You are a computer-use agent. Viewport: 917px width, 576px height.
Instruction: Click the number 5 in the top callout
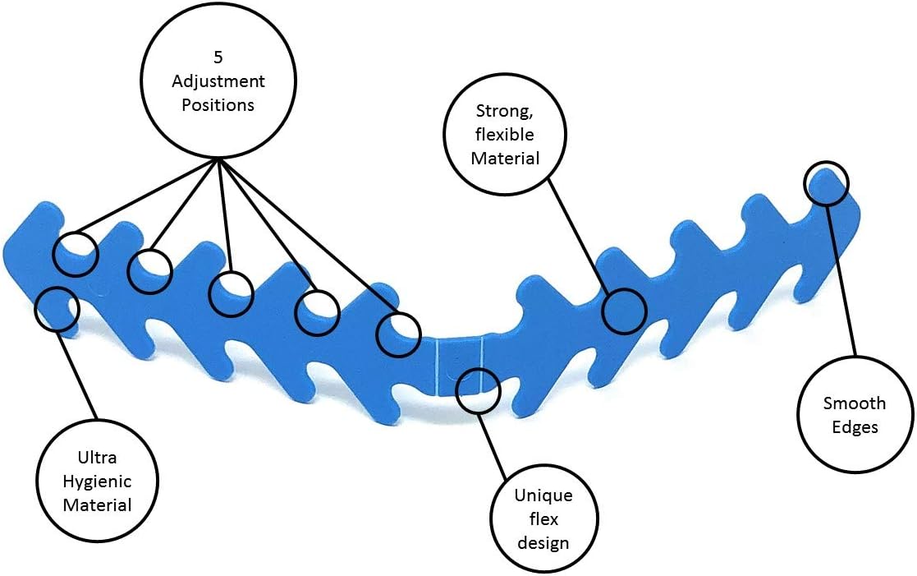tap(218, 58)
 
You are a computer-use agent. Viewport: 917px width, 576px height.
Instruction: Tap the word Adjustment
tap(218, 81)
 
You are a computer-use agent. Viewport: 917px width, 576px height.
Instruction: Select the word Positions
tap(218, 105)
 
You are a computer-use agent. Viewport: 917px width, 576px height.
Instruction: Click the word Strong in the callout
tap(504, 111)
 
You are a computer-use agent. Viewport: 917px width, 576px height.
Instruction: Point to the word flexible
tap(505, 135)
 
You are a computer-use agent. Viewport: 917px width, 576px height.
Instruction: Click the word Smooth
tap(855, 403)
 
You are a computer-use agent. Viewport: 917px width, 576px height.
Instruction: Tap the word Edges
tap(855, 427)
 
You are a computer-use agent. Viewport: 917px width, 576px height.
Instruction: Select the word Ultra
tap(97, 457)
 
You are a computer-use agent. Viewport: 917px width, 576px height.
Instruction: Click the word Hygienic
tap(97, 482)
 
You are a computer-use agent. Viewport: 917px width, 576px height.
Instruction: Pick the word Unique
tap(543, 495)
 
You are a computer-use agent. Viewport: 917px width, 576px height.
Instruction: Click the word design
tap(543, 542)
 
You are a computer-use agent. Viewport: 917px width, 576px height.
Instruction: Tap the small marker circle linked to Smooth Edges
tap(826, 183)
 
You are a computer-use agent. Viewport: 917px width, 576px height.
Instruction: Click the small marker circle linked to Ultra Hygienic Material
tap(57, 309)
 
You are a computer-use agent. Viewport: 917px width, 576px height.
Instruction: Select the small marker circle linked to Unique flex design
tap(479, 390)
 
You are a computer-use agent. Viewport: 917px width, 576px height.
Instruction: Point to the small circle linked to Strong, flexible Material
tap(624, 311)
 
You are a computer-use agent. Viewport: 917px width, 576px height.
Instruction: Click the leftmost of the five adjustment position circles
tap(75, 253)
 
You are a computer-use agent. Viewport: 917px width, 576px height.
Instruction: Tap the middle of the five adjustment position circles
tap(232, 294)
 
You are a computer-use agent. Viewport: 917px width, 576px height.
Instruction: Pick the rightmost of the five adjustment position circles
tap(398, 334)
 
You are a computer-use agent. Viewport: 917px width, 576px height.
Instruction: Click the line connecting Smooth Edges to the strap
tap(841, 281)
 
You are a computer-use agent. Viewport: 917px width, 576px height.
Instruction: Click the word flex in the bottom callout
tap(544, 519)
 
